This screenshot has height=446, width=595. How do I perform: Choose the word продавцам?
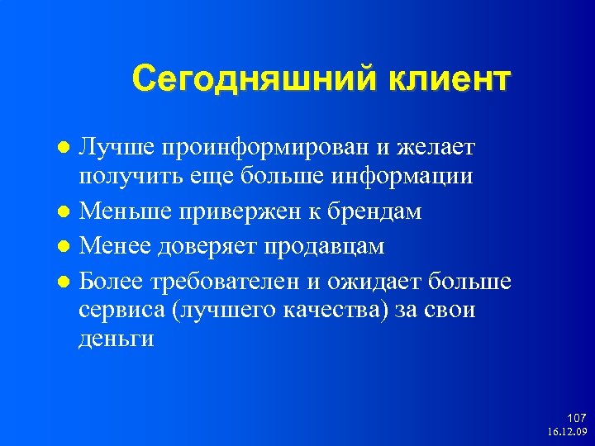(x=334, y=247)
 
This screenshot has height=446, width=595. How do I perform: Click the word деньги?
(x=117, y=339)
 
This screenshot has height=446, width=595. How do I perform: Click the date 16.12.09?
(x=566, y=432)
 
